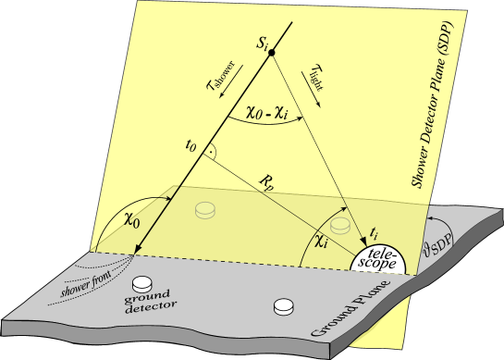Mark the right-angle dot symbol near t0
click(213, 150)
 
